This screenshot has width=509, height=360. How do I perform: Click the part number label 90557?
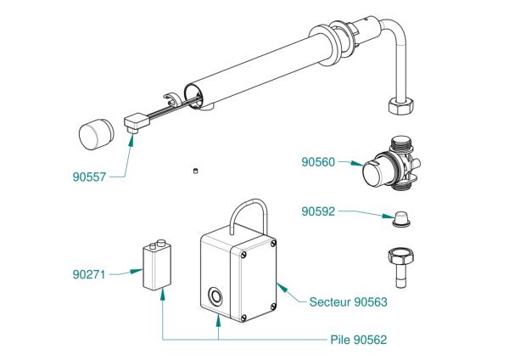coord(91,177)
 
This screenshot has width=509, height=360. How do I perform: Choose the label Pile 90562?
coord(358,339)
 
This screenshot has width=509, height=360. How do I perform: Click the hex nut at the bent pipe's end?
coord(400,107)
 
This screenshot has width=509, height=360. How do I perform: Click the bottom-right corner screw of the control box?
coord(271,307)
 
